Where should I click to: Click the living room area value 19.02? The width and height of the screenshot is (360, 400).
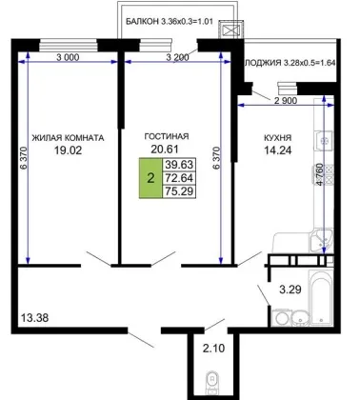[x=68, y=150]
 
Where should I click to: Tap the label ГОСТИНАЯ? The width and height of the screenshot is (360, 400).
[x=167, y=136]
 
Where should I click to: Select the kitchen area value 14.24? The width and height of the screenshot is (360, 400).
[x=278, y=150]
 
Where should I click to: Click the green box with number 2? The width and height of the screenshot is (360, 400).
[x=150, y=178]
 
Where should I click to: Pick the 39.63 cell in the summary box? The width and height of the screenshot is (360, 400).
[x=179, y=165]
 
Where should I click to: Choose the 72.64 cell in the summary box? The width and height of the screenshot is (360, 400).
[x=179, y=178]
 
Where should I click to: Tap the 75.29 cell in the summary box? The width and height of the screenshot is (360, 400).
[x=179, y=191]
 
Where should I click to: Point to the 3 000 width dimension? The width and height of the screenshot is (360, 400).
[x=68, y=57]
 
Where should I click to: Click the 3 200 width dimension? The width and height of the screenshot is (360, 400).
[x=177, y=57]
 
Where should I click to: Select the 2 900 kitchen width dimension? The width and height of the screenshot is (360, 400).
[x=286, y=101]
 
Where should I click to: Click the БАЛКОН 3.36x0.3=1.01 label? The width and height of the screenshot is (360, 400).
[x=170, y=22]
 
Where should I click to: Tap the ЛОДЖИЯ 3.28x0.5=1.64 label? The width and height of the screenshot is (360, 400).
[x=290, y=63]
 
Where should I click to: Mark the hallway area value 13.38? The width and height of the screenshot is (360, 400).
[x=34, y=317]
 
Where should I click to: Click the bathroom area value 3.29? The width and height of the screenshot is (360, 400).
[x=290, y=290]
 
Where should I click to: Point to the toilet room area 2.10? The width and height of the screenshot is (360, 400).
[x=214, y=349]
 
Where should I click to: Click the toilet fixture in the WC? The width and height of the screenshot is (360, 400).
[x=211, y=382]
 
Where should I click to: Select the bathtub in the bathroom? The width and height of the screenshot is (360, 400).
[x=321, y=298]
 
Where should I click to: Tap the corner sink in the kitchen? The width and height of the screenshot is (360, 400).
[x=321, y=240]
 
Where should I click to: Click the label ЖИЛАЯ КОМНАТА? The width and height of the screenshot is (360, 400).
[x=68, y=138]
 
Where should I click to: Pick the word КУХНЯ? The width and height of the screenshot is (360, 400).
[x=278, y=138]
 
